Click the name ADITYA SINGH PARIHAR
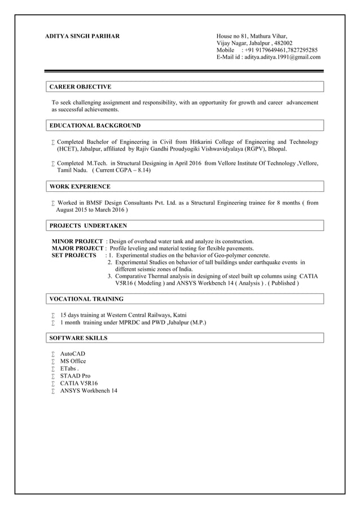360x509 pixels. tap(82, 36)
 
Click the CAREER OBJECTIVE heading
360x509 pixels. tap(80, 87)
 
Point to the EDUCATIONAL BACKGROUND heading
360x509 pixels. tap(95, 125)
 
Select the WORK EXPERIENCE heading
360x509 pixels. tap(80, 186)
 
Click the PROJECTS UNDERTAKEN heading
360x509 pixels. tap(88, 226)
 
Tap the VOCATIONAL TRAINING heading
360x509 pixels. tap(86, 299)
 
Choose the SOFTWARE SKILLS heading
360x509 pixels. tap(78, 338)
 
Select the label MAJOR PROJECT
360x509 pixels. tap(77, 248)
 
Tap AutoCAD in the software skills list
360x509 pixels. tap(73, 354)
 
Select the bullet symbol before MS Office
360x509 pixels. tap(52, 361)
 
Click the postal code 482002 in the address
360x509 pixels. tap(283, 43)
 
